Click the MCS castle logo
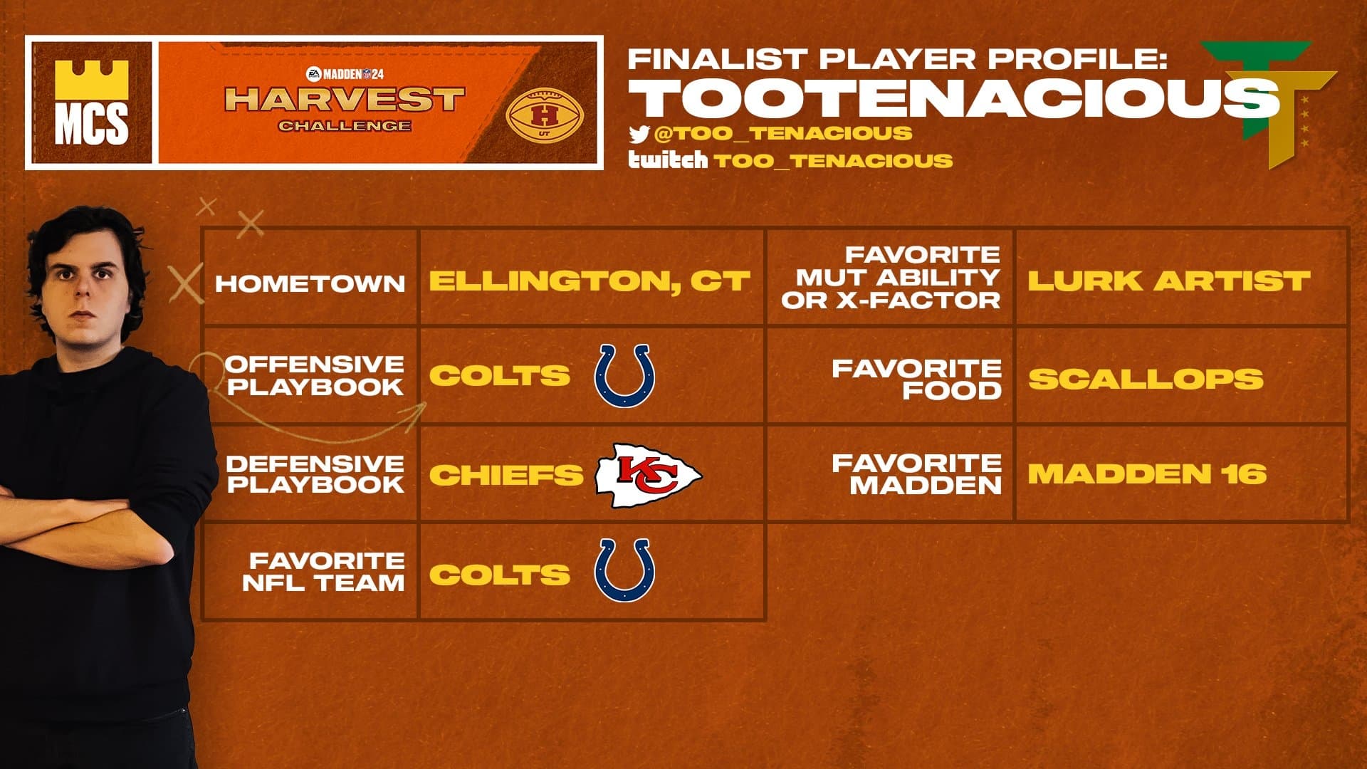91,103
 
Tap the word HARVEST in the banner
345,99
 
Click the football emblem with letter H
544,115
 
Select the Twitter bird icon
639,134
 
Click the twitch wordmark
667,159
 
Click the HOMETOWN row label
310,283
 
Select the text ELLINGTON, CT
589,281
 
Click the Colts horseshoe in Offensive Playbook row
624,376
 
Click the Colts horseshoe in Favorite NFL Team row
624,570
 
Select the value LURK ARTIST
1168,281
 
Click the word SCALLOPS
1145,378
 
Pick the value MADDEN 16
1146,474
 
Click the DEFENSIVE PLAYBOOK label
315,474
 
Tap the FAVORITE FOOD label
916,379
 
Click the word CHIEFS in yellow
506,475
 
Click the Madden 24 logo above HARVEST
345,74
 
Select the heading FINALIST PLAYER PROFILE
897,58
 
